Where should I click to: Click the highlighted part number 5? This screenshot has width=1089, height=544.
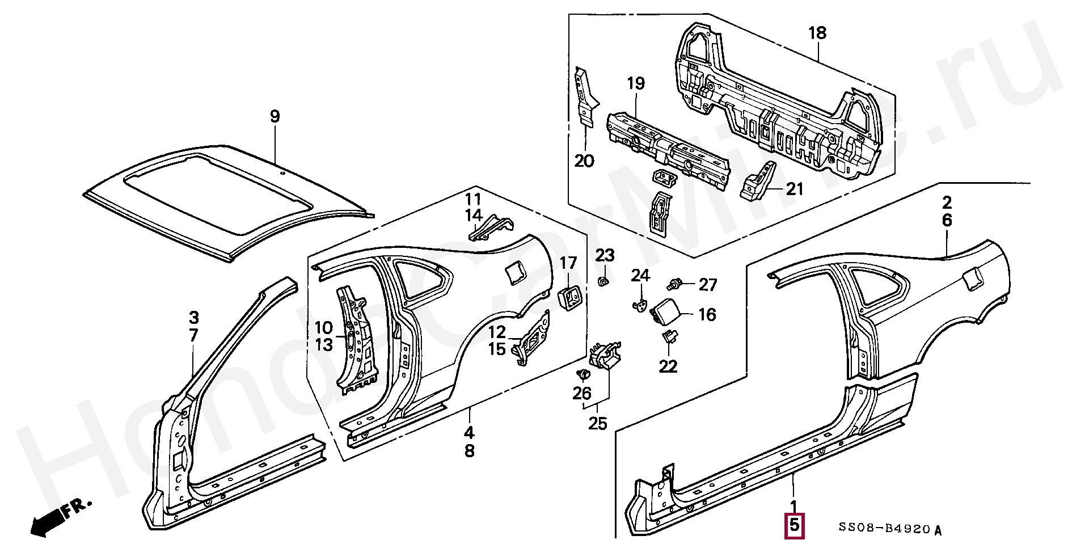click(x=794, y=525)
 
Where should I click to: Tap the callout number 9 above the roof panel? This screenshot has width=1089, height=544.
click(x=275, y=117)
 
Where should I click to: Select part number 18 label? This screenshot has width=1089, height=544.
click(x=817, y=33)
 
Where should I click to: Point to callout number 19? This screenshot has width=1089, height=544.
click(x=636, y=83)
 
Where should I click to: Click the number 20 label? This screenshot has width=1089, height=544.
click(x=584, y=161)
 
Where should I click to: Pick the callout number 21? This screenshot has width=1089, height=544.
click(x=795, y=188)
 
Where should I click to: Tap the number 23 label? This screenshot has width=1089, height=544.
click(x=605, y=255)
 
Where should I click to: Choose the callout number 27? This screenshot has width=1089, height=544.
click(x=708, y=285)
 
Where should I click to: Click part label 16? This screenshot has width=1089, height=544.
click(x=707, y=315)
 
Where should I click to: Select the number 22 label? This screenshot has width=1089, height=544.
click(x=668, y=366)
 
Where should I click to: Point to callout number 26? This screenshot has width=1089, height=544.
click(x=582, y=393)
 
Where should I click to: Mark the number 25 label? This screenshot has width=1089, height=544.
click(x=598, y=423)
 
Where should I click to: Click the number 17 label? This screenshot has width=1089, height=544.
click(x=568, y=263)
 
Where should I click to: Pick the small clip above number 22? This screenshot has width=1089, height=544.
click(x=669, y=336)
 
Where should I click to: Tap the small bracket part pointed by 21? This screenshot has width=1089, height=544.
click(x=758, y=180)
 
